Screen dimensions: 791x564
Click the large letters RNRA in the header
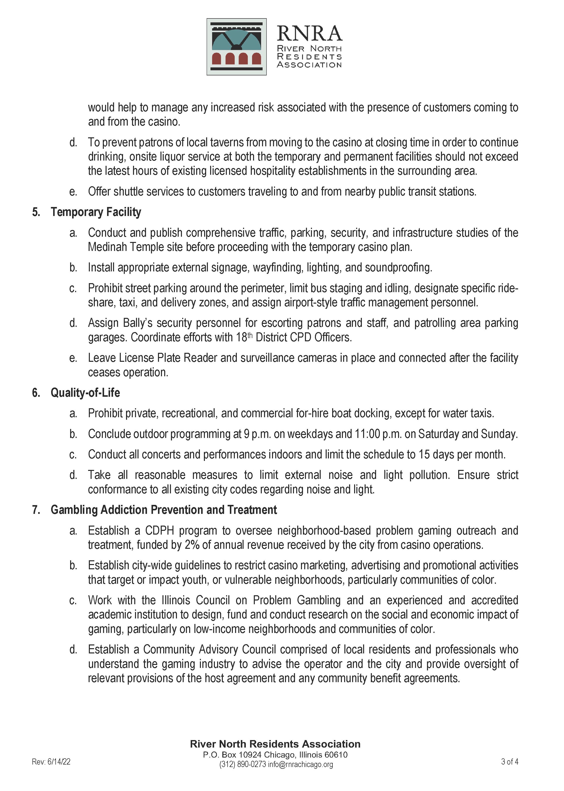pyautogui.click(x=309, y=33)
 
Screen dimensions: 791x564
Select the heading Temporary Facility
pyautogui.click(x=96, y=212)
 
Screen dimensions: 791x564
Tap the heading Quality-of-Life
pyautogui.click(x=85, y=393)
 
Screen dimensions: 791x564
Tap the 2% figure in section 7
pyautogui.click(x=192, y=545)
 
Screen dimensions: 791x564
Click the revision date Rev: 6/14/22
pyautogui.click(x=51, y=762)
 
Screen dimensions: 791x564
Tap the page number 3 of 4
pyautogui.click(x=510, y=762)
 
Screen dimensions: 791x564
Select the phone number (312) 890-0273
pyautogui.click(x=242, y=764)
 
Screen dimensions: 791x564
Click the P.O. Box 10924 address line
pyautogui.click(x=275, y=755)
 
